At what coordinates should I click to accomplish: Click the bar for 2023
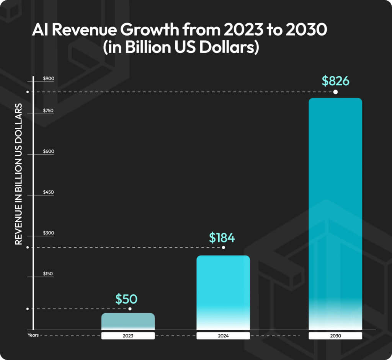128,321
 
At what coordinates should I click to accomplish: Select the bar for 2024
223,293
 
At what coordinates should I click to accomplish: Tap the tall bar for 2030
335,214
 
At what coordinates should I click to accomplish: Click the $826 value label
335,81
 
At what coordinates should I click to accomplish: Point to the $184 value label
222,238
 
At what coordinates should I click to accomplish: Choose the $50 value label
126,299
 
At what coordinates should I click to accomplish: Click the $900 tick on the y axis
49,78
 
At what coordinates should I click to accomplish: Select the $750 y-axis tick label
48,111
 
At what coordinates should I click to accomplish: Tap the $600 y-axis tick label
49,151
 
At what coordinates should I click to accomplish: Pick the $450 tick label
48,192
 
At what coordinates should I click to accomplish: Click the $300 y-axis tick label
49,233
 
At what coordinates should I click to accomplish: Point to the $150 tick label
48,274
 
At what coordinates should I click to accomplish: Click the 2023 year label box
128,336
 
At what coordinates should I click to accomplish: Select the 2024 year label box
223,336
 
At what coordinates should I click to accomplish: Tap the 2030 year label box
335,336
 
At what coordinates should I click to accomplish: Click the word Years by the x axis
33,335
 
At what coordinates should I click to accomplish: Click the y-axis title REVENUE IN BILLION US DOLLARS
18,174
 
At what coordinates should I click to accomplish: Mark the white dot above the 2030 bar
335,92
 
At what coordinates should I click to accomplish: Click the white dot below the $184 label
224,247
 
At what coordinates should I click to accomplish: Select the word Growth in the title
150,30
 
